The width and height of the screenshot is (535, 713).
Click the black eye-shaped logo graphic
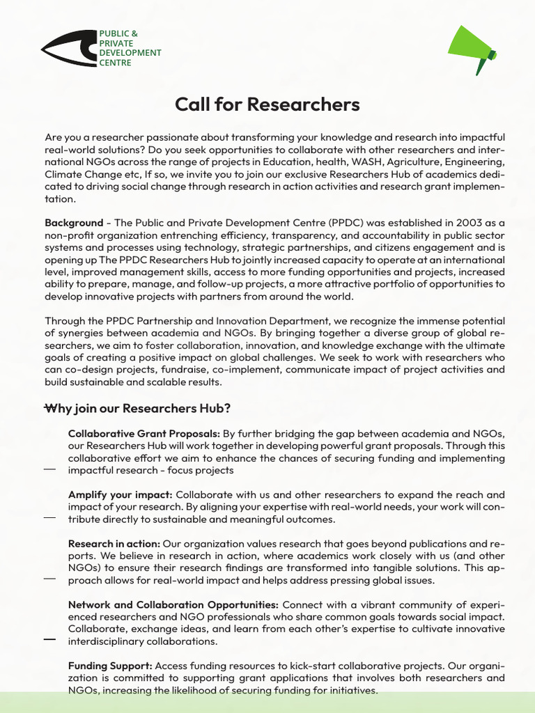pos(69,49)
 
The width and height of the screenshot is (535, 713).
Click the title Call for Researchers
pos(267,104)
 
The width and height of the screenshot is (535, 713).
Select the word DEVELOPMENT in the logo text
pos(130,53)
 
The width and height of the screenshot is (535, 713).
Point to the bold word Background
pos(74,223)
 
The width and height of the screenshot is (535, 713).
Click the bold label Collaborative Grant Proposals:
pos(144,434)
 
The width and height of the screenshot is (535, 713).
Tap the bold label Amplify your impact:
pos(120,494)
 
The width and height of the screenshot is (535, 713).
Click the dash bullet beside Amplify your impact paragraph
pos(49,518)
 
